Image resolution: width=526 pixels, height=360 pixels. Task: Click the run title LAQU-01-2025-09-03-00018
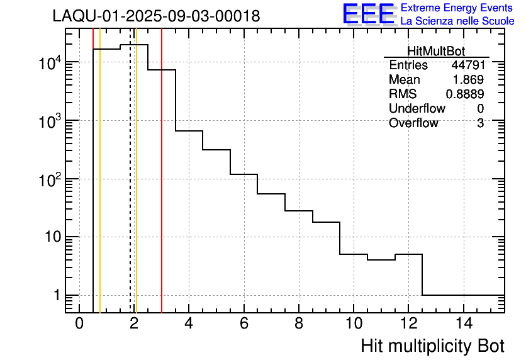156,16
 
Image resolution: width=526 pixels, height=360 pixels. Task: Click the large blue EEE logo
369,14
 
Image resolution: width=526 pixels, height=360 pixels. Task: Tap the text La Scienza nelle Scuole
457,21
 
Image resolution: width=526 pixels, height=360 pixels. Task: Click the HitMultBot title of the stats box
436,52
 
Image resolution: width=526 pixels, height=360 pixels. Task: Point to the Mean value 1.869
469,80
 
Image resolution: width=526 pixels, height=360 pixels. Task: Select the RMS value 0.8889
465,94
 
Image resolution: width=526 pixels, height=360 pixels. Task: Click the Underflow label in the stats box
417,108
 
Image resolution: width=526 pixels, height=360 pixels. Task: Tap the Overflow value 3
480,123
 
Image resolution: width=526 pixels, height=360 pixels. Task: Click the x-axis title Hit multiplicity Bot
432,346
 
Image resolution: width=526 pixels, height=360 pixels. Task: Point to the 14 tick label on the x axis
463,324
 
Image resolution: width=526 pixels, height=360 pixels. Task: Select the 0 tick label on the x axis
79,324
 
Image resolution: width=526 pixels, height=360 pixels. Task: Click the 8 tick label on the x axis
298,324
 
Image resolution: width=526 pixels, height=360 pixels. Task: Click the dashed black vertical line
130,189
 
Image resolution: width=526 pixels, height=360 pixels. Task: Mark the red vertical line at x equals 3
162,189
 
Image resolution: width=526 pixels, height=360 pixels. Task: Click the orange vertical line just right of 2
136,189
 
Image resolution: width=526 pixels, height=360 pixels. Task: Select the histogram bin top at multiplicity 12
408,254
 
